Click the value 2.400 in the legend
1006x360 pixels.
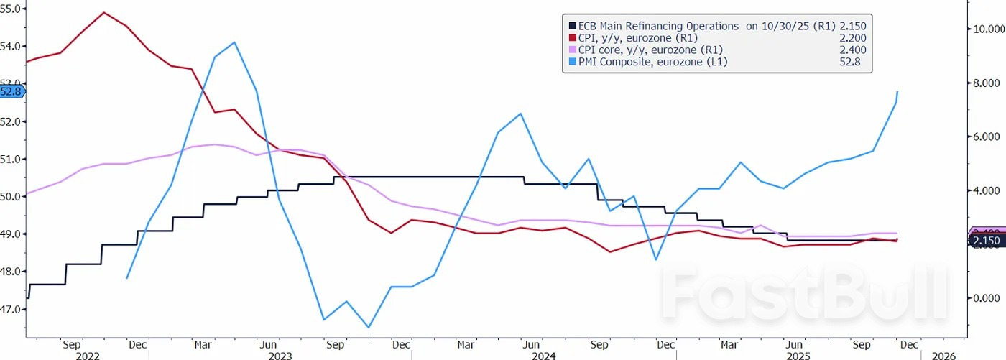click(x=852, y=50)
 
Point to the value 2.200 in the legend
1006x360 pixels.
click(x=852, y=38)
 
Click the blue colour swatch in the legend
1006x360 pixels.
click(x=571, y=63)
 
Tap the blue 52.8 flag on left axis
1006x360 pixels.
click(x=12, y=92)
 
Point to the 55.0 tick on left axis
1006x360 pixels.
click(x=13, y=9)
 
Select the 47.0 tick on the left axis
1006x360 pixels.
click(x=13, y=309)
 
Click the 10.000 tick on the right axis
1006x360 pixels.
click(x=983, y=29)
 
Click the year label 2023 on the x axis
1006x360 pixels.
click(x=280, y=355)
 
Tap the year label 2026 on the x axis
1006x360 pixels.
click(x=943, y=355)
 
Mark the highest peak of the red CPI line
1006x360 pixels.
click(x=104, y=12)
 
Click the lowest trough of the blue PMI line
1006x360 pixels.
click(x=369, y=328)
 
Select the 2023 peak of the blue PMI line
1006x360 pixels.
click(x=234, y=42)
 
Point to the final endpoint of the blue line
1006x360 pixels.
click(x=897, y=92)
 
